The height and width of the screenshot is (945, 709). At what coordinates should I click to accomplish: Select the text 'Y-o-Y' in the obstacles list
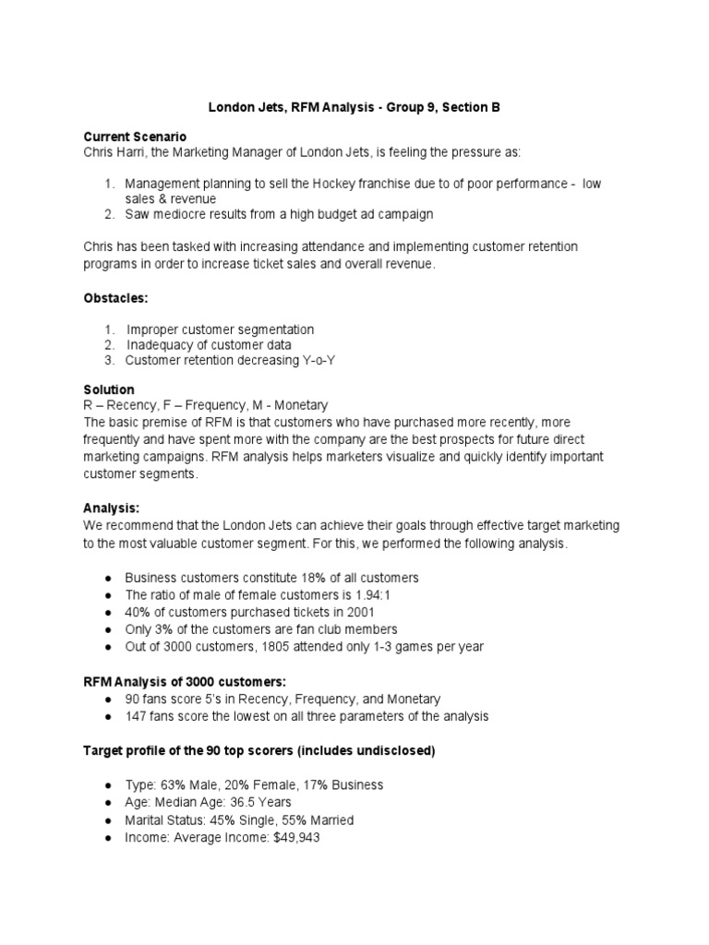[x=316, y=360]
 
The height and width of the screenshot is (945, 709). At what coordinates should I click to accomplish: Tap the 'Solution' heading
[x=109, y=389]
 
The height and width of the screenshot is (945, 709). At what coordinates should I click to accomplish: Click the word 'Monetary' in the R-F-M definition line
[x=300, y=405]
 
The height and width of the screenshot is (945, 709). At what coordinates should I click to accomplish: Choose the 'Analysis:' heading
[x=112, y=508]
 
